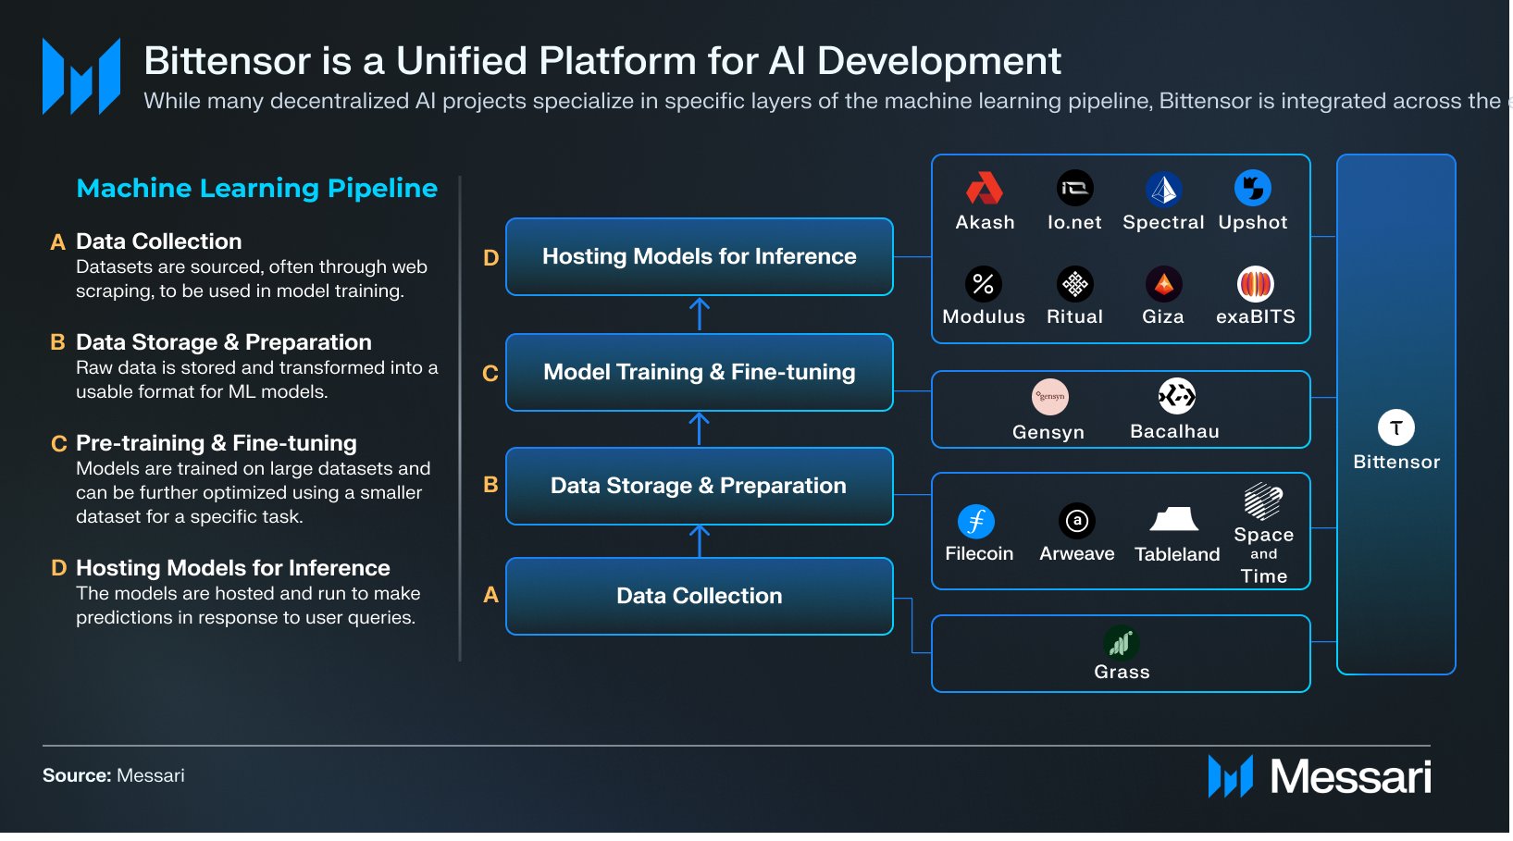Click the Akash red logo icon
[985, 189]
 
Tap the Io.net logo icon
[1074, 189]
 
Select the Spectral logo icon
[1163, 189]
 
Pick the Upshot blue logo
[1253, 189]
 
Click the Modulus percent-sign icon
[983, 284]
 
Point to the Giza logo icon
[1163, 284]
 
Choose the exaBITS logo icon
[1256, 284]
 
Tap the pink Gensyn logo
[1049, 397]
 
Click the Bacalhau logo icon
[1176, 397]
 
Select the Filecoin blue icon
[976, 522]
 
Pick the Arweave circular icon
[1076, 522]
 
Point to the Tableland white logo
[1174, 520]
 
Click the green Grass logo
[1122, 642]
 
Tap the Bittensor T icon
[1395, 427]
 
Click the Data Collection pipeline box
[699, 596]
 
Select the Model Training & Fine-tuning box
[699, 372]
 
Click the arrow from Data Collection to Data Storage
[700, 540]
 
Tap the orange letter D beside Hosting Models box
[490, 258]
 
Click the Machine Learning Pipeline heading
[256, 188]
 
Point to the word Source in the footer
[76, 775]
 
